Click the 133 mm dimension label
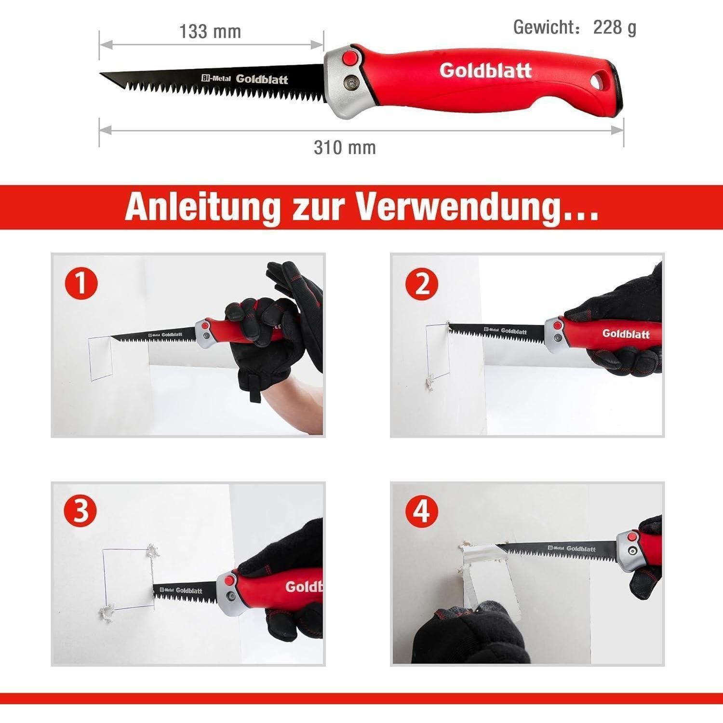coord(210,32)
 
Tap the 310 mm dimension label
coord(345,147)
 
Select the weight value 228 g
coord(615,28)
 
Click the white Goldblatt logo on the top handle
coord(485,70)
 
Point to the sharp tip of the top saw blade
coord(101,74)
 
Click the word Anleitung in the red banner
coord(202,207)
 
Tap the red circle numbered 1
coord(81,283)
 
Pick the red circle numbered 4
coord(422,512)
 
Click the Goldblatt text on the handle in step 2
coord(626,334)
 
